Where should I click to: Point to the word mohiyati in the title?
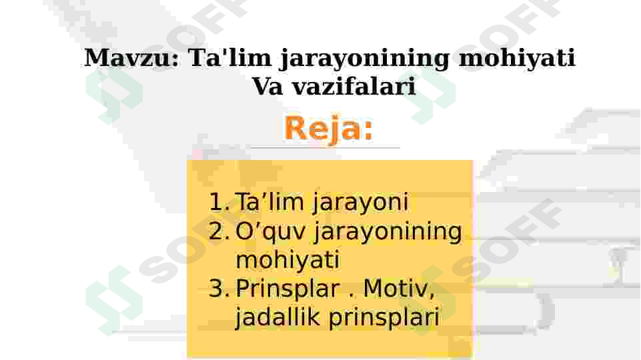pos(517,58)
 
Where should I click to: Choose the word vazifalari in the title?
pos(353,86)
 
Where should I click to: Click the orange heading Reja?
pos(328,128)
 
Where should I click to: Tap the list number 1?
pos(219,202)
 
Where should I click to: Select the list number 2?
pos(219,231)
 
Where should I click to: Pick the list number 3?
pos(219,289)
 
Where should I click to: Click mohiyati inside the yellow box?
pos(287,259)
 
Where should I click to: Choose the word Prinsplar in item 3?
pos(287,289)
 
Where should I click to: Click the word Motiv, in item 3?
pos(399,289)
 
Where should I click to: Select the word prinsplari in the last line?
pos(383,318)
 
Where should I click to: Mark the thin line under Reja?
pos(325,148)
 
